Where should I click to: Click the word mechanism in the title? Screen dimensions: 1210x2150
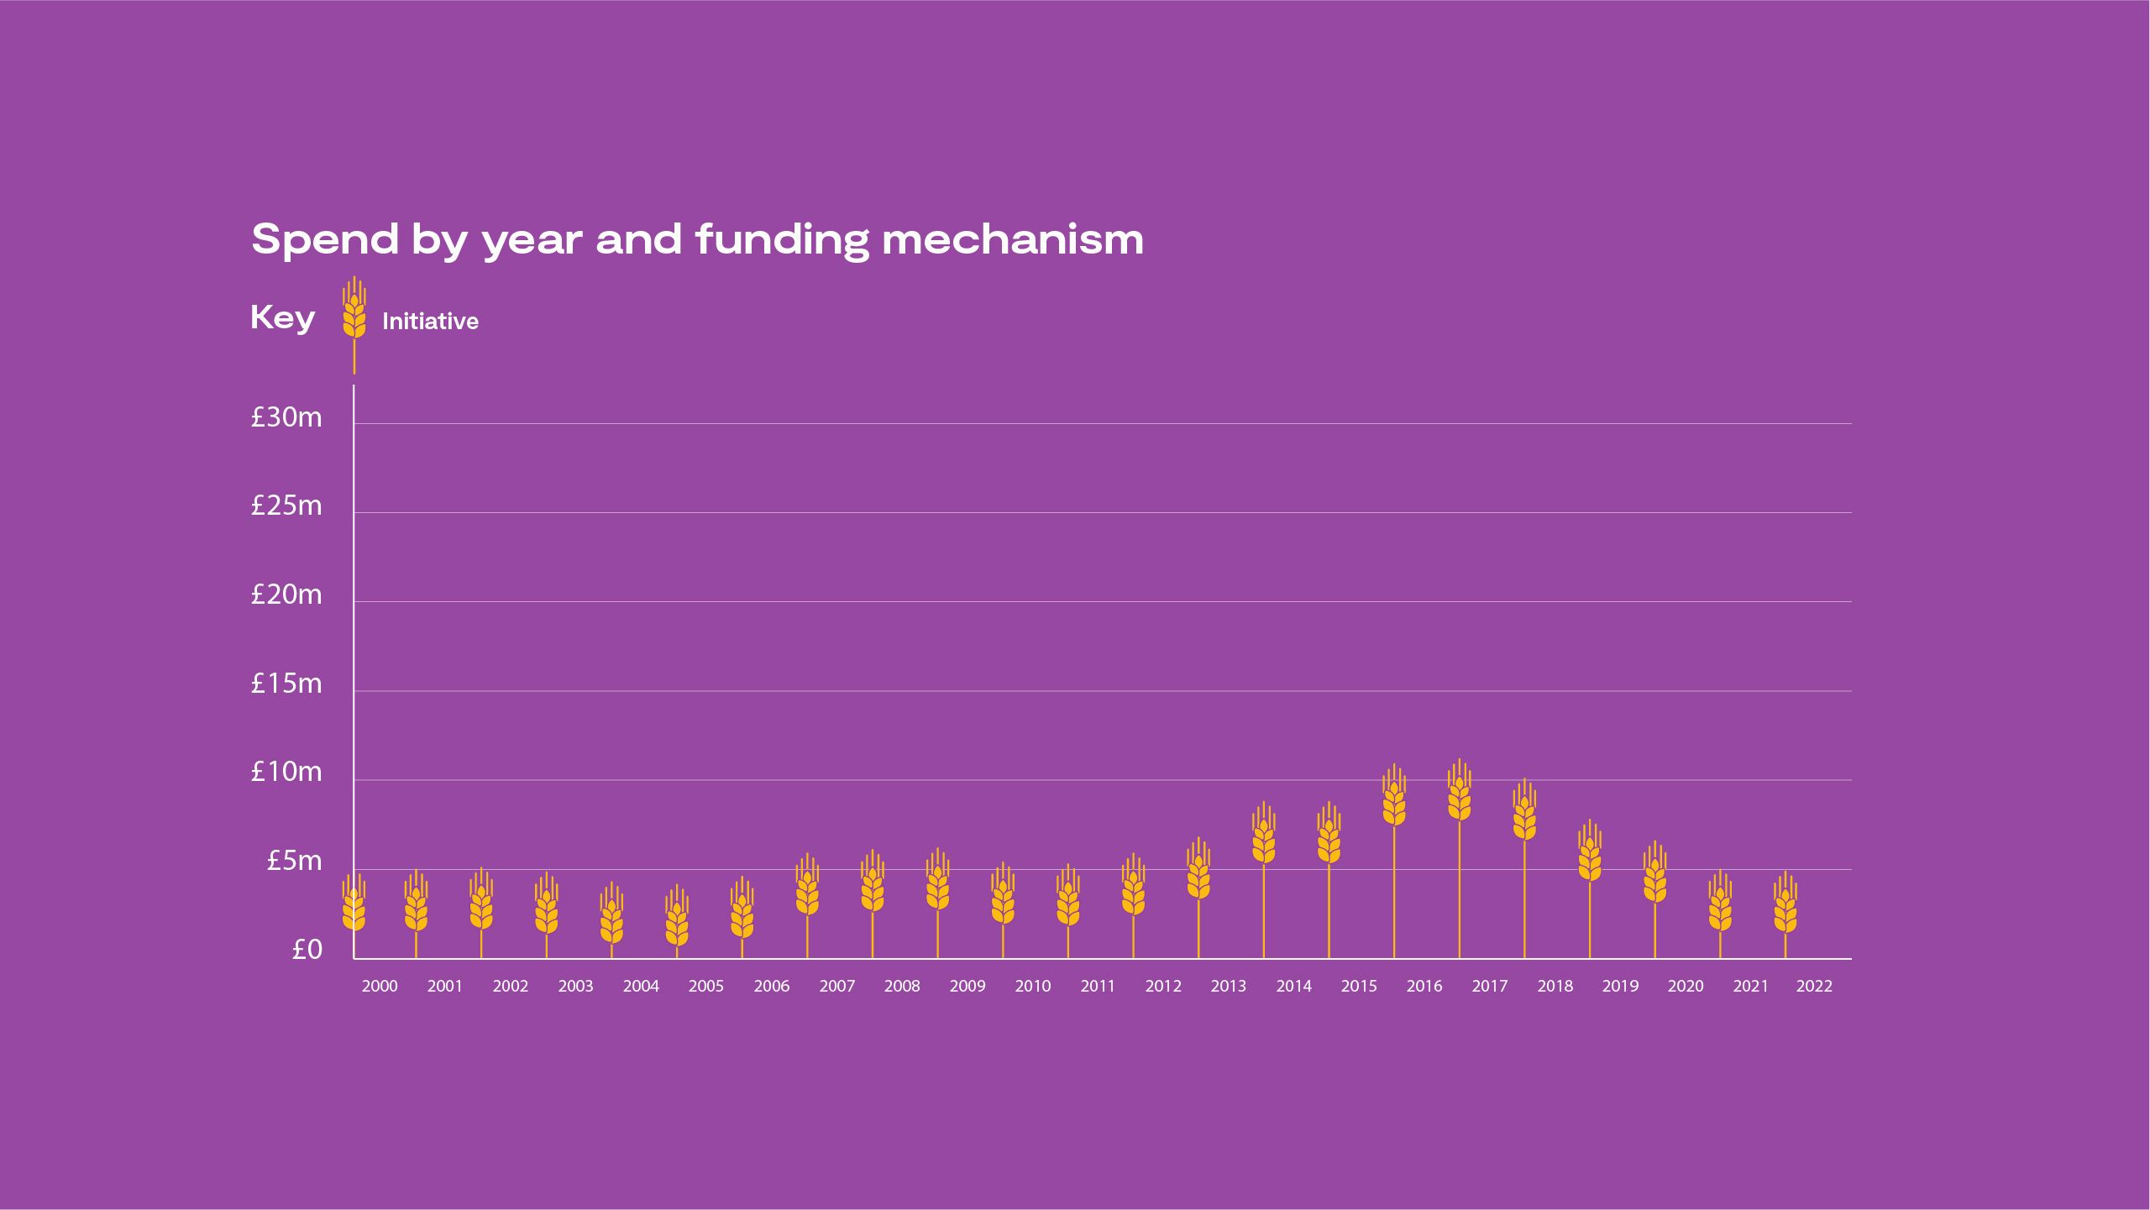[x=1012, y=240]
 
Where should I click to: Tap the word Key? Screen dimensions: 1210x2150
[x=282, y=318]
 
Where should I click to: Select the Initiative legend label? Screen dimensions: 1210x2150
[x=430, y=322]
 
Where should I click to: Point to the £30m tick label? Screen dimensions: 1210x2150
[x=286, y=417]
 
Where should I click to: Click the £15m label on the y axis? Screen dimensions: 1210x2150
[x=286, y=684]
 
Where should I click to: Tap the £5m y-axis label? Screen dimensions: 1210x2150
[x=294, y=862]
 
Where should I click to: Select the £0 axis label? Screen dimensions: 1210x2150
[x=307, y=950]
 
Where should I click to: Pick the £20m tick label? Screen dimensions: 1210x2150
[x=286, y=595]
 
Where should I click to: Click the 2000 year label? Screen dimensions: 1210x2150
[x=380, y=987]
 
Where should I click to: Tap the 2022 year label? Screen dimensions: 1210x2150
[x=1814, y=987]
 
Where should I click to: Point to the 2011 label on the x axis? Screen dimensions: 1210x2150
[x=1098, y=987]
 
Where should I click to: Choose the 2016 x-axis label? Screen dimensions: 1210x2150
[x=1424, y=987]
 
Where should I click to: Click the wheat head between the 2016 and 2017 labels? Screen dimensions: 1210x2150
[x=1459, y=794]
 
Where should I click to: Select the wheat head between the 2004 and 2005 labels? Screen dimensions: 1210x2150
[x=676, y=919]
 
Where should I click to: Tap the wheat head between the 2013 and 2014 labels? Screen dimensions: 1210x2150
[x=1263, y=836]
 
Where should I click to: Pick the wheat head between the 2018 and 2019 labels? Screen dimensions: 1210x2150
[x=1589, y=855]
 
